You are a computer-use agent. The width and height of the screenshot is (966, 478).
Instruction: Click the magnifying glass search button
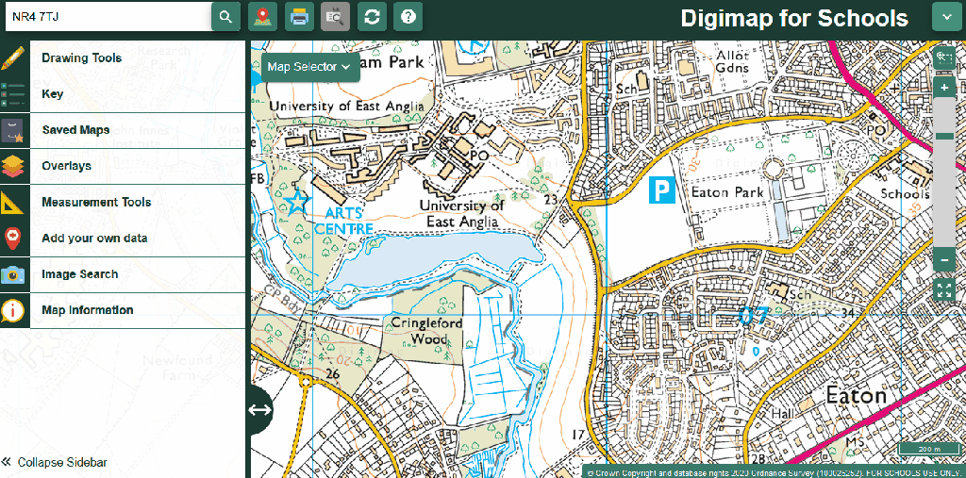point(225,17)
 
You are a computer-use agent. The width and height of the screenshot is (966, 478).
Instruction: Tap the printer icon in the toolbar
point(299,17)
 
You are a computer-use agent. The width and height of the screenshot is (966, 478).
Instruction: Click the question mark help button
point(408,17)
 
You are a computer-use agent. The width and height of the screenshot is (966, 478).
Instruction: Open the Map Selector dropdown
point(308,67)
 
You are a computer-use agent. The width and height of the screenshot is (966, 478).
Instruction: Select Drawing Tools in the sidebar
point(81,58)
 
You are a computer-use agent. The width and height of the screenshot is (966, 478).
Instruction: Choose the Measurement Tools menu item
point(96,203)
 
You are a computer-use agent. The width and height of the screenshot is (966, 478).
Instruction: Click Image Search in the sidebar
point(80,274)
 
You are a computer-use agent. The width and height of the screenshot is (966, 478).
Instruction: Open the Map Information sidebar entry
point(88,310)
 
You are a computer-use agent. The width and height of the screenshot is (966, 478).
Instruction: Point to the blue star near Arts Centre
point(298,200)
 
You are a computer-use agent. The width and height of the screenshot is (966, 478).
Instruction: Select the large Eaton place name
point(856,395)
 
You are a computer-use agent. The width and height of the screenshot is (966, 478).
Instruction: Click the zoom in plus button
point(944,88)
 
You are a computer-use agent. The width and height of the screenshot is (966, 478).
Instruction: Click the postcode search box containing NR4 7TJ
point(106,17)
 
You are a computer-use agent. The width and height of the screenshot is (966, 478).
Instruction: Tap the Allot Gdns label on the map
point(732,61)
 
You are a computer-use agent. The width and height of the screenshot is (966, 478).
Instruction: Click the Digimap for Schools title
point(793,19)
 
